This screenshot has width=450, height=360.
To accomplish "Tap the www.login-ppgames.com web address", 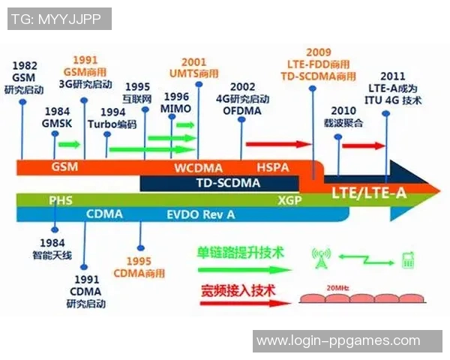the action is (338, 341).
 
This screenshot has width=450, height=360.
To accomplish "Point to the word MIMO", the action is (176, 109).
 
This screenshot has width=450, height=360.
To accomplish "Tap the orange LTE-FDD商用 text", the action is (318, 64).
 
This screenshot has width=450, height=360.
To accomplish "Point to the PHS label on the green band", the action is (61, 200).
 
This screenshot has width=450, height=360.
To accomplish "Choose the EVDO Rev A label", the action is (201, 214).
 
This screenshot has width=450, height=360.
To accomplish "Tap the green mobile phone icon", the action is (409, 260).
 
